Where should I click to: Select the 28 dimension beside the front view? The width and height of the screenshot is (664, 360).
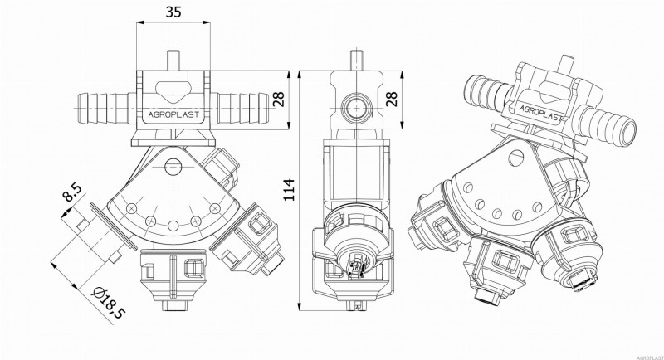(x=280, y=100)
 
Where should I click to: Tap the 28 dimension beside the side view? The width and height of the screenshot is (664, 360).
(x=392, y=100)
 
